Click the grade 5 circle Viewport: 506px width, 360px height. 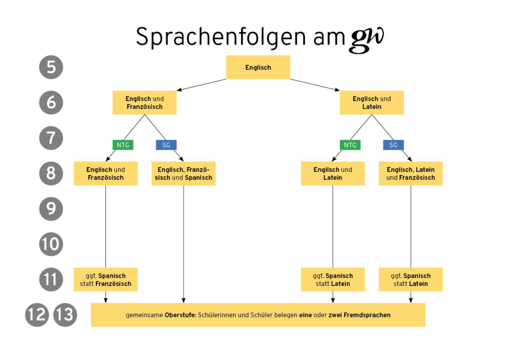51,67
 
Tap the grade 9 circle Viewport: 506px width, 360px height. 51,209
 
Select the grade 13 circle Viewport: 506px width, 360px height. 65,315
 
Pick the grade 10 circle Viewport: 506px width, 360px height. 51,244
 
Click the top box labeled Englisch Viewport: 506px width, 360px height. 258,67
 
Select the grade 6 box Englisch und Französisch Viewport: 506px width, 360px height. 144,103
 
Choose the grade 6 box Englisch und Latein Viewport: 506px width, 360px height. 372,103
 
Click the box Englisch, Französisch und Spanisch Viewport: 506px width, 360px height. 183,174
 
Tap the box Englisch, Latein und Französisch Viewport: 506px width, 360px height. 411,174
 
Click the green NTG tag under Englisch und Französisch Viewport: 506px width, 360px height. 123,145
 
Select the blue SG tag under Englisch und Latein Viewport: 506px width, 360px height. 393,145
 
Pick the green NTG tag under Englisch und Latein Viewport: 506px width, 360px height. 350,145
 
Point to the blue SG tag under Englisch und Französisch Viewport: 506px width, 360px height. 166,145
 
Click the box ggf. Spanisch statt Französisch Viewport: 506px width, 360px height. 105,280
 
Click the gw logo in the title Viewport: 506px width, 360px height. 367,39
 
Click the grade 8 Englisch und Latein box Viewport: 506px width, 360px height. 333,174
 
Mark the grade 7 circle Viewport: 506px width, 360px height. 51,138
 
